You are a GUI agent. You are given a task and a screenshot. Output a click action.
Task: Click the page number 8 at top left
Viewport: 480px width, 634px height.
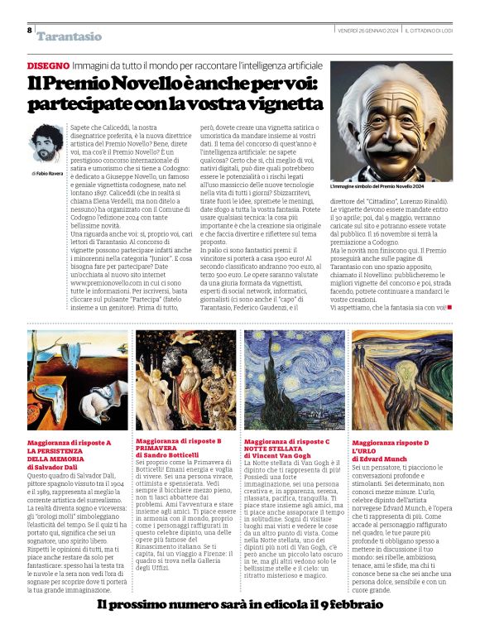tap(29, 30)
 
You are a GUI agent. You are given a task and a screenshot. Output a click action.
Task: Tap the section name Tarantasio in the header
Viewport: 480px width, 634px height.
tap(70, 36)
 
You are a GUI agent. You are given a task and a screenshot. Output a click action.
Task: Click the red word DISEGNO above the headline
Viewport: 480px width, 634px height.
tap(47, 65)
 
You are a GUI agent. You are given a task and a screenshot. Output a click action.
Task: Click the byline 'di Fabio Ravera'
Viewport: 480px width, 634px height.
tap(46, 174)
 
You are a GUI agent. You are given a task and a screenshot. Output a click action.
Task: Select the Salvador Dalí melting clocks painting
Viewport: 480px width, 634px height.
tap(76, 381)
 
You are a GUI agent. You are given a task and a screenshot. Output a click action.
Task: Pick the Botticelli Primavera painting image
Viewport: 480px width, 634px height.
tap(185, 381)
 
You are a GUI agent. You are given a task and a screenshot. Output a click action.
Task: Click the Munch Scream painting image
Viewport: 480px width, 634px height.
tap(401, 381)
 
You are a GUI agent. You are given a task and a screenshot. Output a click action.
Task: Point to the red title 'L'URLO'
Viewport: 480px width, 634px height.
tap(365, 451)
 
